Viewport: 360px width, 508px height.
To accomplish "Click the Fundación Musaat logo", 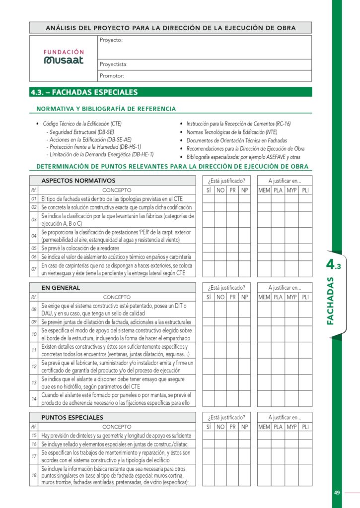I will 64,57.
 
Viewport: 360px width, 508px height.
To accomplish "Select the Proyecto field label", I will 111,40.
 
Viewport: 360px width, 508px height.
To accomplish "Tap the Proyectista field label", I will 114,64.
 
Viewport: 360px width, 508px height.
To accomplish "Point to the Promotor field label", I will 112,76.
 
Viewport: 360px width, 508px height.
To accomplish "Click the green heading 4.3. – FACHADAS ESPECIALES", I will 84,92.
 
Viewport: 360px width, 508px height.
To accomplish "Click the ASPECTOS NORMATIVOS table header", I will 78,181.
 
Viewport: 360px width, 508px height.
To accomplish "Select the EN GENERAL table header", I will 61,288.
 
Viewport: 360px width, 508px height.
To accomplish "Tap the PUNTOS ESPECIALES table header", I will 72,417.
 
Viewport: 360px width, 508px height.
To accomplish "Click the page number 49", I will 337,493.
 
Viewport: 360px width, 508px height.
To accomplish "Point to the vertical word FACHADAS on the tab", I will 331,301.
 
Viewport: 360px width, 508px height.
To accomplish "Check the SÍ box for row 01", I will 209,198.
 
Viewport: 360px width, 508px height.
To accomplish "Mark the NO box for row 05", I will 220,248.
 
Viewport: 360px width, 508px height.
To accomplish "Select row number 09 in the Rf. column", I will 34,322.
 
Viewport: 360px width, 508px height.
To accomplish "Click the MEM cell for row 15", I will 264,435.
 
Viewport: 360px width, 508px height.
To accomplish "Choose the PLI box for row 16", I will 305,444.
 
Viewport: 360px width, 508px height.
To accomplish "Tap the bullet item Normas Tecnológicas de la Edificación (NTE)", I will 231,132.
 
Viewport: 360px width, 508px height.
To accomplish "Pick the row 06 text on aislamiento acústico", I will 116,256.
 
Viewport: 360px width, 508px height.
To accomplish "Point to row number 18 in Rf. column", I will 34,475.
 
